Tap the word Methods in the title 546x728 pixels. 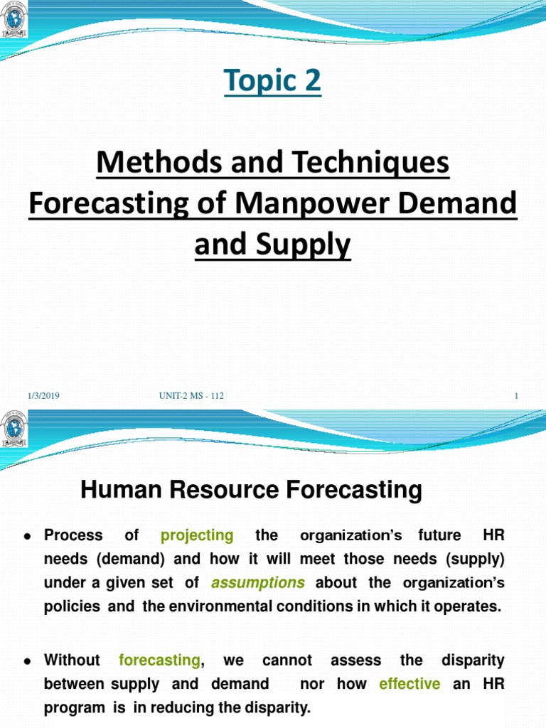click(141, 164)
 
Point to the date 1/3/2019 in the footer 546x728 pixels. click(43, 396)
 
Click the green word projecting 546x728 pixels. click(197, 535)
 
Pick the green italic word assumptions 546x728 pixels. click(258, 583)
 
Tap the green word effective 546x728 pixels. click(409, 684)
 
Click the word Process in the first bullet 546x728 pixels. click(73, 535)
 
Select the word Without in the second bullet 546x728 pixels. click(72, 660)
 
